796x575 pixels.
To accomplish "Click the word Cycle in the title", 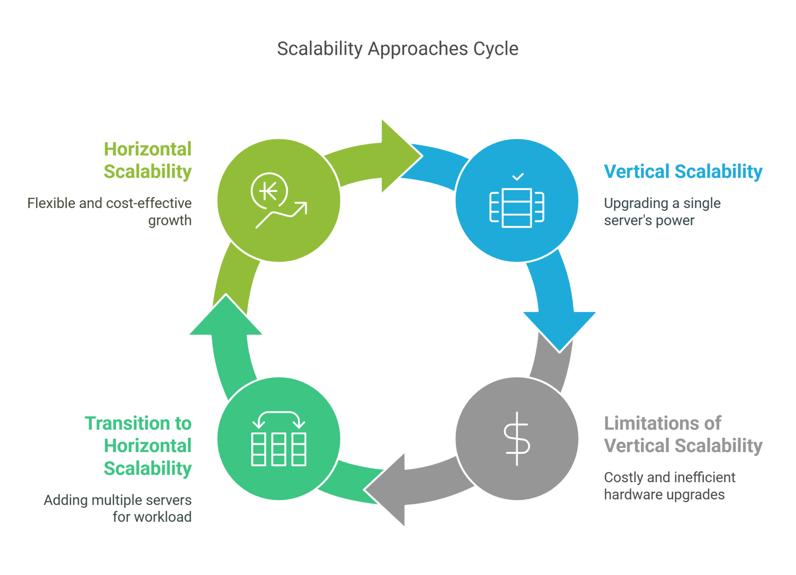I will coord(496,49).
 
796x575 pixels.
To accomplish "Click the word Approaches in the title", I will coord(418,49).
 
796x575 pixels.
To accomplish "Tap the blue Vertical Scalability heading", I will coord(683,171).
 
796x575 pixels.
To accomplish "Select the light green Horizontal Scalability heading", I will coord(148,160).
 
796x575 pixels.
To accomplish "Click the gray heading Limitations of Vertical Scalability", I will coord(683,434).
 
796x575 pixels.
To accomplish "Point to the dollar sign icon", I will coord(517,439).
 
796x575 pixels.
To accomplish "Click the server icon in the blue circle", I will coord(517,207).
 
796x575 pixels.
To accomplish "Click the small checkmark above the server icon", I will coord(518,177).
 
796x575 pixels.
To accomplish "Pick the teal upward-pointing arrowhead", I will coord(226,317).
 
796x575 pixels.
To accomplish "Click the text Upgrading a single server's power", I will coord(662,211).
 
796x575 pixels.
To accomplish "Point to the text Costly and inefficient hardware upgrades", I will coord(669,486).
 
